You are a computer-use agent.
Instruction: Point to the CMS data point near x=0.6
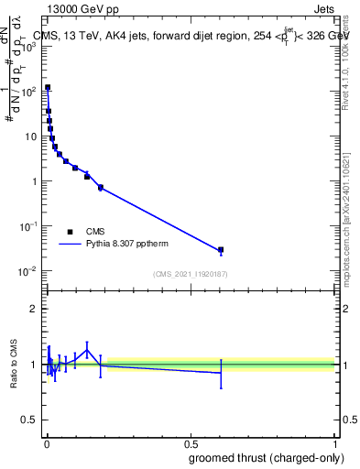(x=221, y=249)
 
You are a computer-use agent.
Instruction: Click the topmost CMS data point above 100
(x=48, y=87)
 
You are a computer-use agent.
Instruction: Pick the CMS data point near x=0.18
(x=100, y=187)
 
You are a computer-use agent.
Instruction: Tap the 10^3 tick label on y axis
(x=27, y=47)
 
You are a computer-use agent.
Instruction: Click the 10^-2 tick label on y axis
(x=27, y=271)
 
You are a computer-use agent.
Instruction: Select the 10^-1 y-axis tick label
(x=27, y=226)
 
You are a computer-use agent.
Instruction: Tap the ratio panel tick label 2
(x=33, y=309)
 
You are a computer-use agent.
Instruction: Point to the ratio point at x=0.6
(x=221, y=373)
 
